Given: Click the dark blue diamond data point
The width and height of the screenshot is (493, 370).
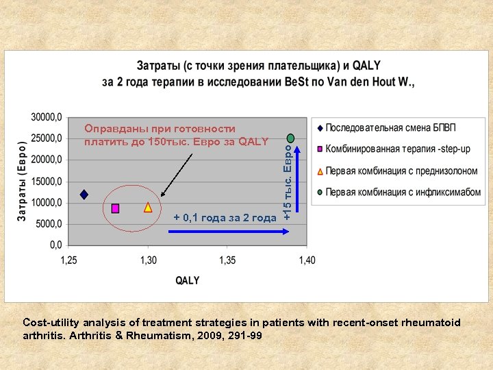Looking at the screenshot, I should click(x=84, y=195).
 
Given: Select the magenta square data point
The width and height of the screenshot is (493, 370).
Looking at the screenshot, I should click(x=115, y=208).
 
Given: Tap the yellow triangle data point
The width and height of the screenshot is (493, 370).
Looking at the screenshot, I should click(x=148, y=207).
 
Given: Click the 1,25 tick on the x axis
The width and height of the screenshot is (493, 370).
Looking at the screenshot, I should click(x=69, y=260).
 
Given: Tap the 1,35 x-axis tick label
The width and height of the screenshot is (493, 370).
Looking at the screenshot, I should click(x=227, y=260).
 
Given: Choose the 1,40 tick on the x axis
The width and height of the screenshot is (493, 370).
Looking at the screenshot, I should click(x=307, y=260).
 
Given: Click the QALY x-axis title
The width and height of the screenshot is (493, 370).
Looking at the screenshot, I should click(x=187, y=280).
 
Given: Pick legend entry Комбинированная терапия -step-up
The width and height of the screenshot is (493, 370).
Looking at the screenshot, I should click(x=398, y=149).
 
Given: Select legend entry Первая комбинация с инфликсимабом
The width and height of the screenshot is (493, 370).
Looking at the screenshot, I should click(x=403, y=192).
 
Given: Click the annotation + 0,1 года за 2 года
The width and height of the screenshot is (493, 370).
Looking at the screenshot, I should click(x=225, y=218).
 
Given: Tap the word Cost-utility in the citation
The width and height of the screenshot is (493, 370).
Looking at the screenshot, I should click(x=50, y=322).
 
